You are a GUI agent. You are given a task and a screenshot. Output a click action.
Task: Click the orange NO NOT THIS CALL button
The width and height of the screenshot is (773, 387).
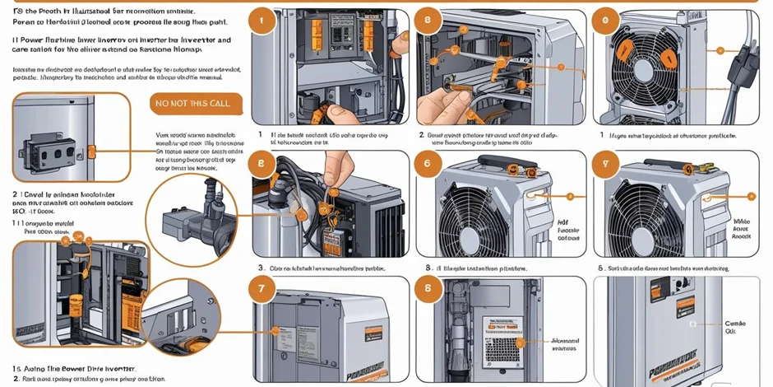pos(197,104)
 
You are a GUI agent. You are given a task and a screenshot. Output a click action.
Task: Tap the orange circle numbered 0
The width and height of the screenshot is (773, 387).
pos(606,22)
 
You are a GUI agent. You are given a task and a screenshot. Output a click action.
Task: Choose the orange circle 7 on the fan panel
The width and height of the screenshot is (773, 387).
pos(606,163)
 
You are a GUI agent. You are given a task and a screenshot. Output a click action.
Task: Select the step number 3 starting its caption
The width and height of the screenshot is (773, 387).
pos(262,268)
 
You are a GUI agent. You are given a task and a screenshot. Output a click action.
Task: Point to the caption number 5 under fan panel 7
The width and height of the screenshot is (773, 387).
pos(600,268)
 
